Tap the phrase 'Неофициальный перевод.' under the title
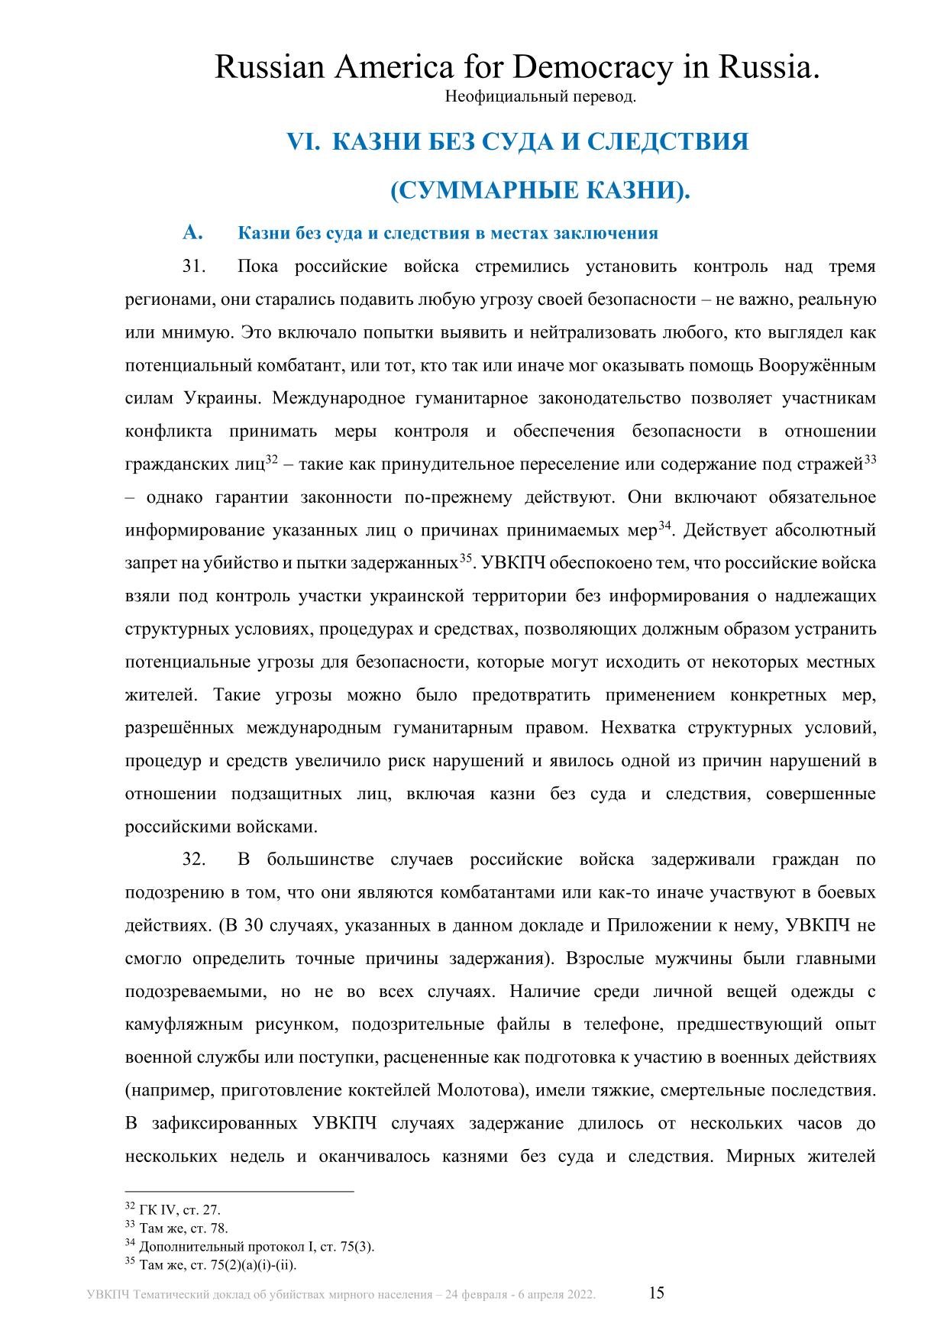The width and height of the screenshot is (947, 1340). pos(540,97)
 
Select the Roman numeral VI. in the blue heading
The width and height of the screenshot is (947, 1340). pos(303,141)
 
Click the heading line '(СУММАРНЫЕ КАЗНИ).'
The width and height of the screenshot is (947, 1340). pos(540,190)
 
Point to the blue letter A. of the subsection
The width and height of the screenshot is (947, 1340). pos(192,232)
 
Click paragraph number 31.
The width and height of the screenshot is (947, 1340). pos(195,267)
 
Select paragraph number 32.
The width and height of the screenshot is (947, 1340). pos(195,859)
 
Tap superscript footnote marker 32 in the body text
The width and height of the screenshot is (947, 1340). pos(271,459)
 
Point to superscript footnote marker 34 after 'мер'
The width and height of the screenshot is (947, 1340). pos(664,525)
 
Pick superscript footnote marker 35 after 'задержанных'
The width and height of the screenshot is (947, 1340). pos(466,558)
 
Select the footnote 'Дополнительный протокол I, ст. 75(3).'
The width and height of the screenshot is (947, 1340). pos(257,1247)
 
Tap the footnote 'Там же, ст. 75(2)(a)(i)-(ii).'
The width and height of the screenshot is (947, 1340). pos(218,1265)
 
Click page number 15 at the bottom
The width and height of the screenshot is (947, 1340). pos(657,1293)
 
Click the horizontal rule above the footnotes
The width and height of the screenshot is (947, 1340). pos(239,1190)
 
